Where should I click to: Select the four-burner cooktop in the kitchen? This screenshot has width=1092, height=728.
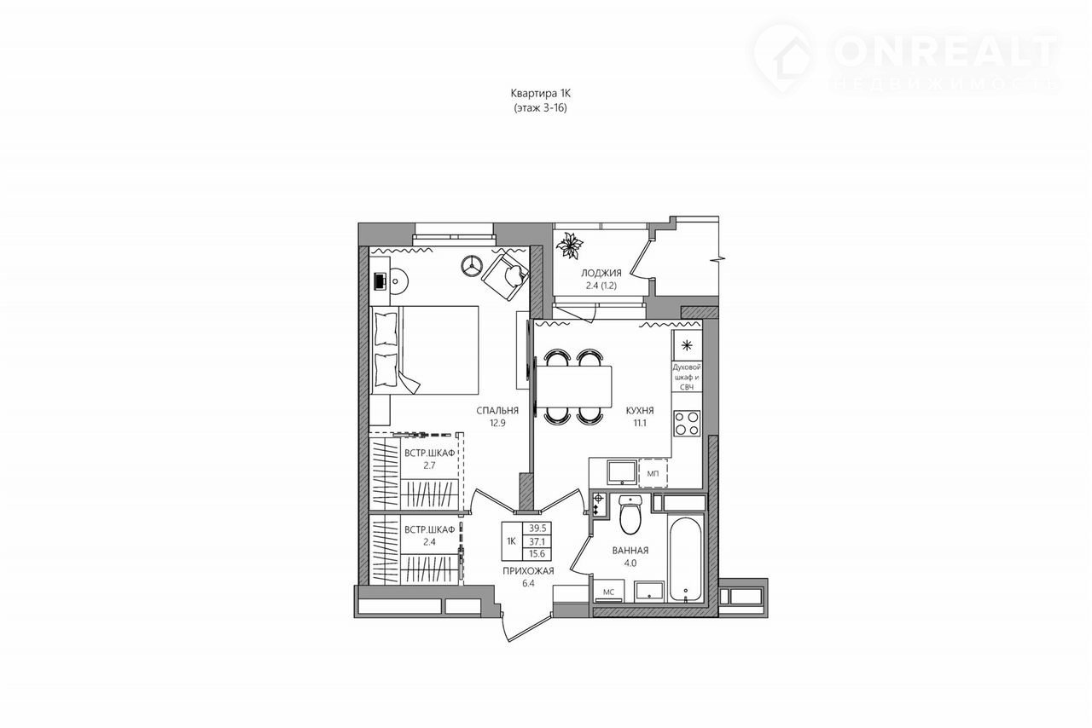[687, 423]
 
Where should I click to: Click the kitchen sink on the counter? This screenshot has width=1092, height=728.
[622, 472]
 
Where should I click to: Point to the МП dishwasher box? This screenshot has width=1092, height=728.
[653, 472]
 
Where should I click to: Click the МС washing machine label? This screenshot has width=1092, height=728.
[608, 592]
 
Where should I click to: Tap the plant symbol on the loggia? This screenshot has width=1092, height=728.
[569, 246]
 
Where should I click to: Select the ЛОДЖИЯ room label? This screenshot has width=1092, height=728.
[601, 273]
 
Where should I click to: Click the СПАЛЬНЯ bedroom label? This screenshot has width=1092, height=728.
[497, 411]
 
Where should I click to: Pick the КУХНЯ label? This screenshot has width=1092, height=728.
[640, 410]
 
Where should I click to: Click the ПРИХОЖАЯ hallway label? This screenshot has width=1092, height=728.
[528, 570]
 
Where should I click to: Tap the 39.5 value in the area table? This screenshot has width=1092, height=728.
[537, 529]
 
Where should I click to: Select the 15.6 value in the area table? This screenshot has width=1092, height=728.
[537, 553]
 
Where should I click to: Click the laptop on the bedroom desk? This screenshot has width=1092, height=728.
[380, 281]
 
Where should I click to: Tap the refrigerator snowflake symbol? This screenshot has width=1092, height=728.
[687, 345]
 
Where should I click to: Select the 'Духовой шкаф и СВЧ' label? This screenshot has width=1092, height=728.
[687, 377]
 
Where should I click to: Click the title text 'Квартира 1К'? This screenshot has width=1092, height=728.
[540, 93]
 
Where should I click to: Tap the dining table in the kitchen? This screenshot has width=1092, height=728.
[574, 386]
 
